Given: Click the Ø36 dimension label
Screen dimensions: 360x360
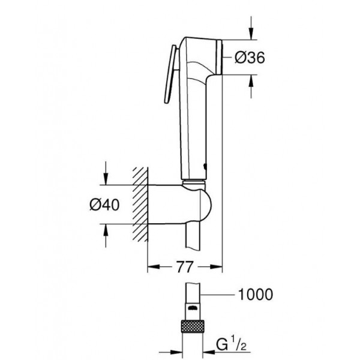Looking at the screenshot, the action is tap(250, 58).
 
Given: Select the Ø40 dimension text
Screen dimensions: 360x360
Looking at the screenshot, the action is tap(104, 205).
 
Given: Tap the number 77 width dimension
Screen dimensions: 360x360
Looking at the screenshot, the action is tap(185, 267).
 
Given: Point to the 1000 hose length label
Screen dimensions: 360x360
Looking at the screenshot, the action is tap(256, 295).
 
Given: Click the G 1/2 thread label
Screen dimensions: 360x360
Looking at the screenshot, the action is tap(231, 344).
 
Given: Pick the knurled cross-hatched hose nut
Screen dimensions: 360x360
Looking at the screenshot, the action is tap(193, 326).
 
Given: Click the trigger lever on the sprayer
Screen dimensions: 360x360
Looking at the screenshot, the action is tap(170, 74).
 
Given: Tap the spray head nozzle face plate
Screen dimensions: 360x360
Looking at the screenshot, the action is tap(219, 57).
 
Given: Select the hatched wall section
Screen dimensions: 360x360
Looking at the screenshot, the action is tap(140, 205).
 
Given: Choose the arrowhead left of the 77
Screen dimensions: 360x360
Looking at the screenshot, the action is tap(154, 267).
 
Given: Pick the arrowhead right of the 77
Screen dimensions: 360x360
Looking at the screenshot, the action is tap(216, 267).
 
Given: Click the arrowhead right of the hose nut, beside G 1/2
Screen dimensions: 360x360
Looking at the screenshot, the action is tap(209, 352).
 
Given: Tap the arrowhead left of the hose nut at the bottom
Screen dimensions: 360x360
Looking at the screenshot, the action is tap(176, 352).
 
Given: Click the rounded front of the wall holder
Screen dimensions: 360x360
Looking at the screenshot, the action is tap(206, 205).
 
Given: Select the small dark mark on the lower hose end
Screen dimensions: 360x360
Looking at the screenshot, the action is tap(192, 307).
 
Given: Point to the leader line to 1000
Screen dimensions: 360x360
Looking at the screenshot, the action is tap(218, 295).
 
